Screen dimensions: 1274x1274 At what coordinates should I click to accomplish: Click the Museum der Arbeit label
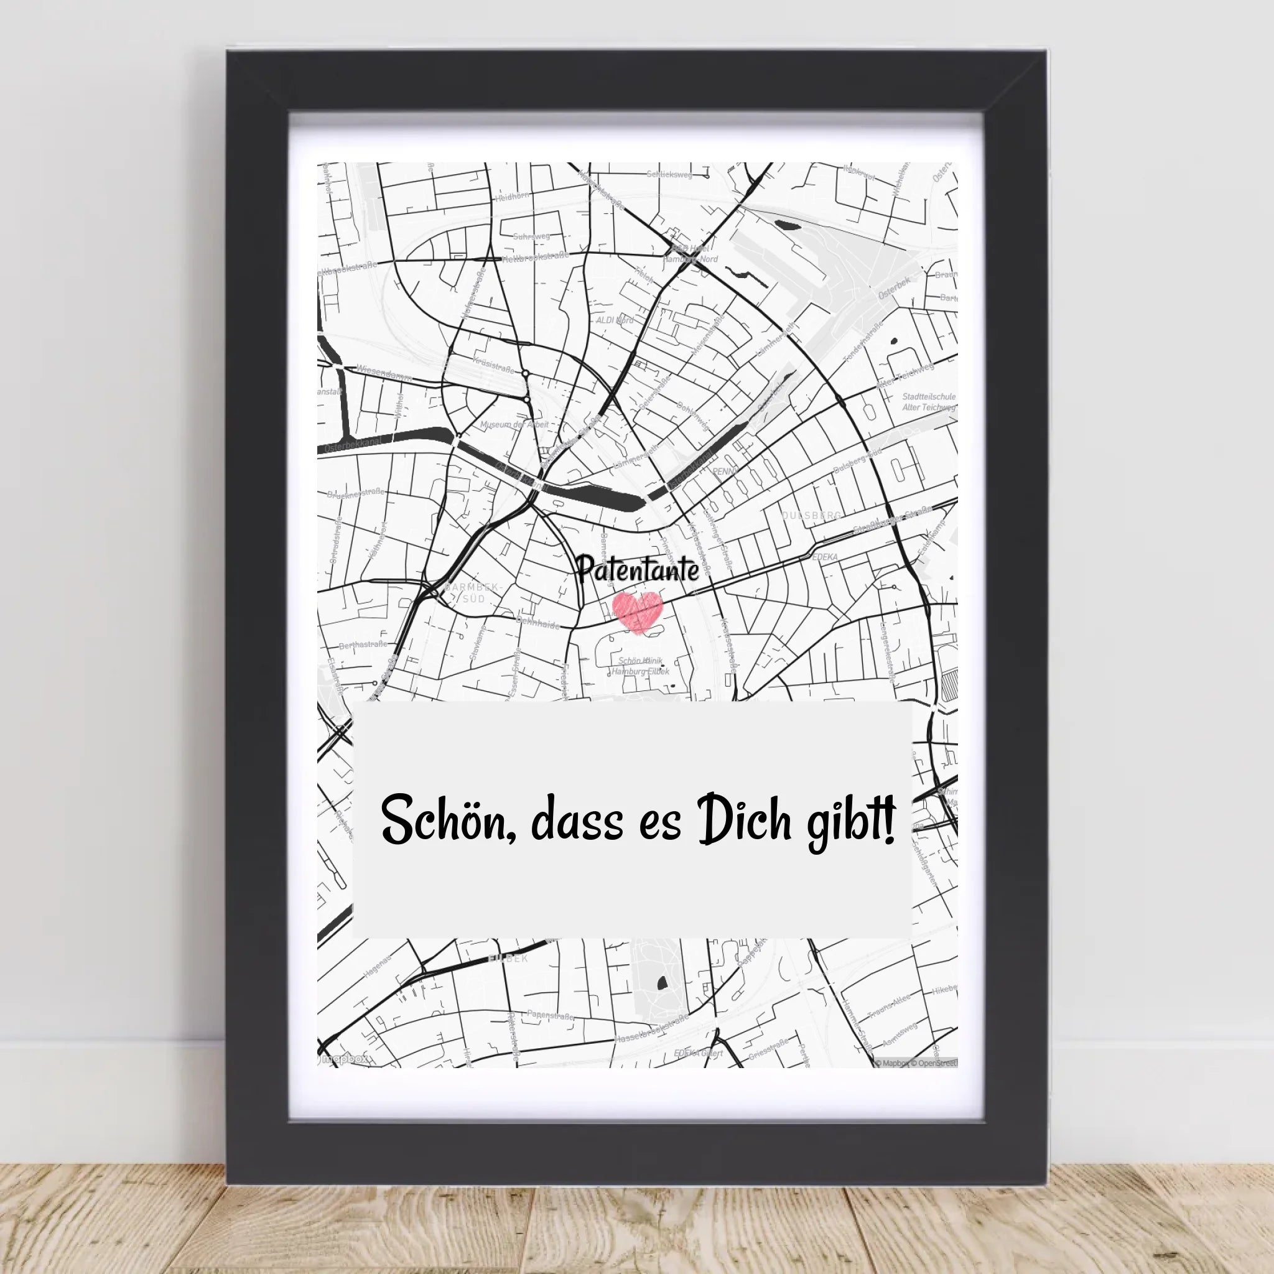(514, 425)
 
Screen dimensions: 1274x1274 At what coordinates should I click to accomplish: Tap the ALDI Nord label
(614, 320)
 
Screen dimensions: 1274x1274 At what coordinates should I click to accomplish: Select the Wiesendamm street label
(384, 373)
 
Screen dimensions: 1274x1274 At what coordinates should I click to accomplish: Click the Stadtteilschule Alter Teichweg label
(929, 402)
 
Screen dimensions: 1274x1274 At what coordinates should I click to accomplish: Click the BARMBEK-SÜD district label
(473, 593)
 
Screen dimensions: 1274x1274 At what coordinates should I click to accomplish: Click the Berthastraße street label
(362, 645)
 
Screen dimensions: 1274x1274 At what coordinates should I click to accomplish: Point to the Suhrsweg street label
(531, 235)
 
